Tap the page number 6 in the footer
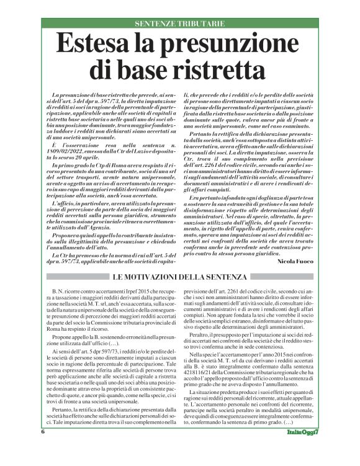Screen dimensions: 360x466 point(43,449)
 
